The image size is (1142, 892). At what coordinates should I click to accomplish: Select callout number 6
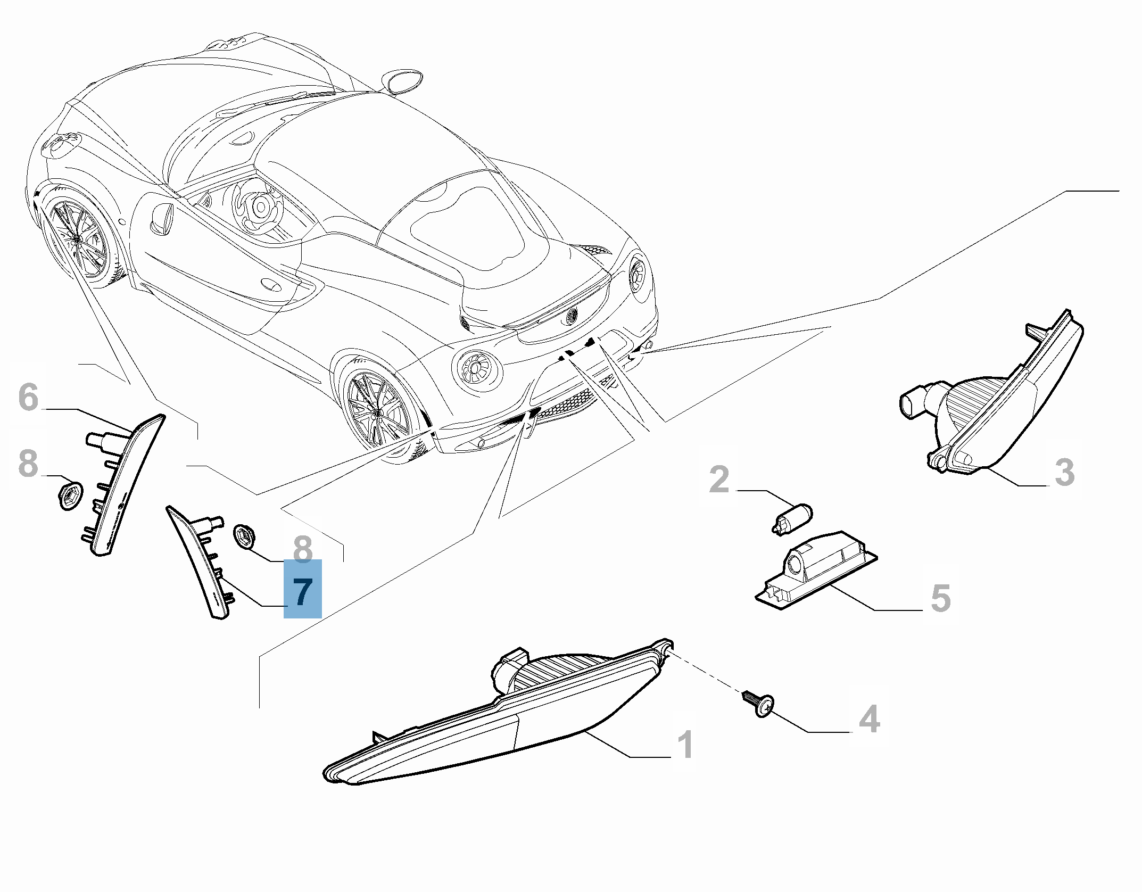28,397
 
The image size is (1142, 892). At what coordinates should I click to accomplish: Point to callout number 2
719,479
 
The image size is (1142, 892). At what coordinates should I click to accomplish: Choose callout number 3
1064,472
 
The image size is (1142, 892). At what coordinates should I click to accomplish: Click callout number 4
870,719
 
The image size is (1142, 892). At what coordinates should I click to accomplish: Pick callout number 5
941,598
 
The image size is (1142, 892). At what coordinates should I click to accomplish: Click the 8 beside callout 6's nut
28,464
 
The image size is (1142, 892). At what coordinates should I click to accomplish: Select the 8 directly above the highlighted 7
302,549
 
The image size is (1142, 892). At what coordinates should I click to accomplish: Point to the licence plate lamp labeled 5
816,571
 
